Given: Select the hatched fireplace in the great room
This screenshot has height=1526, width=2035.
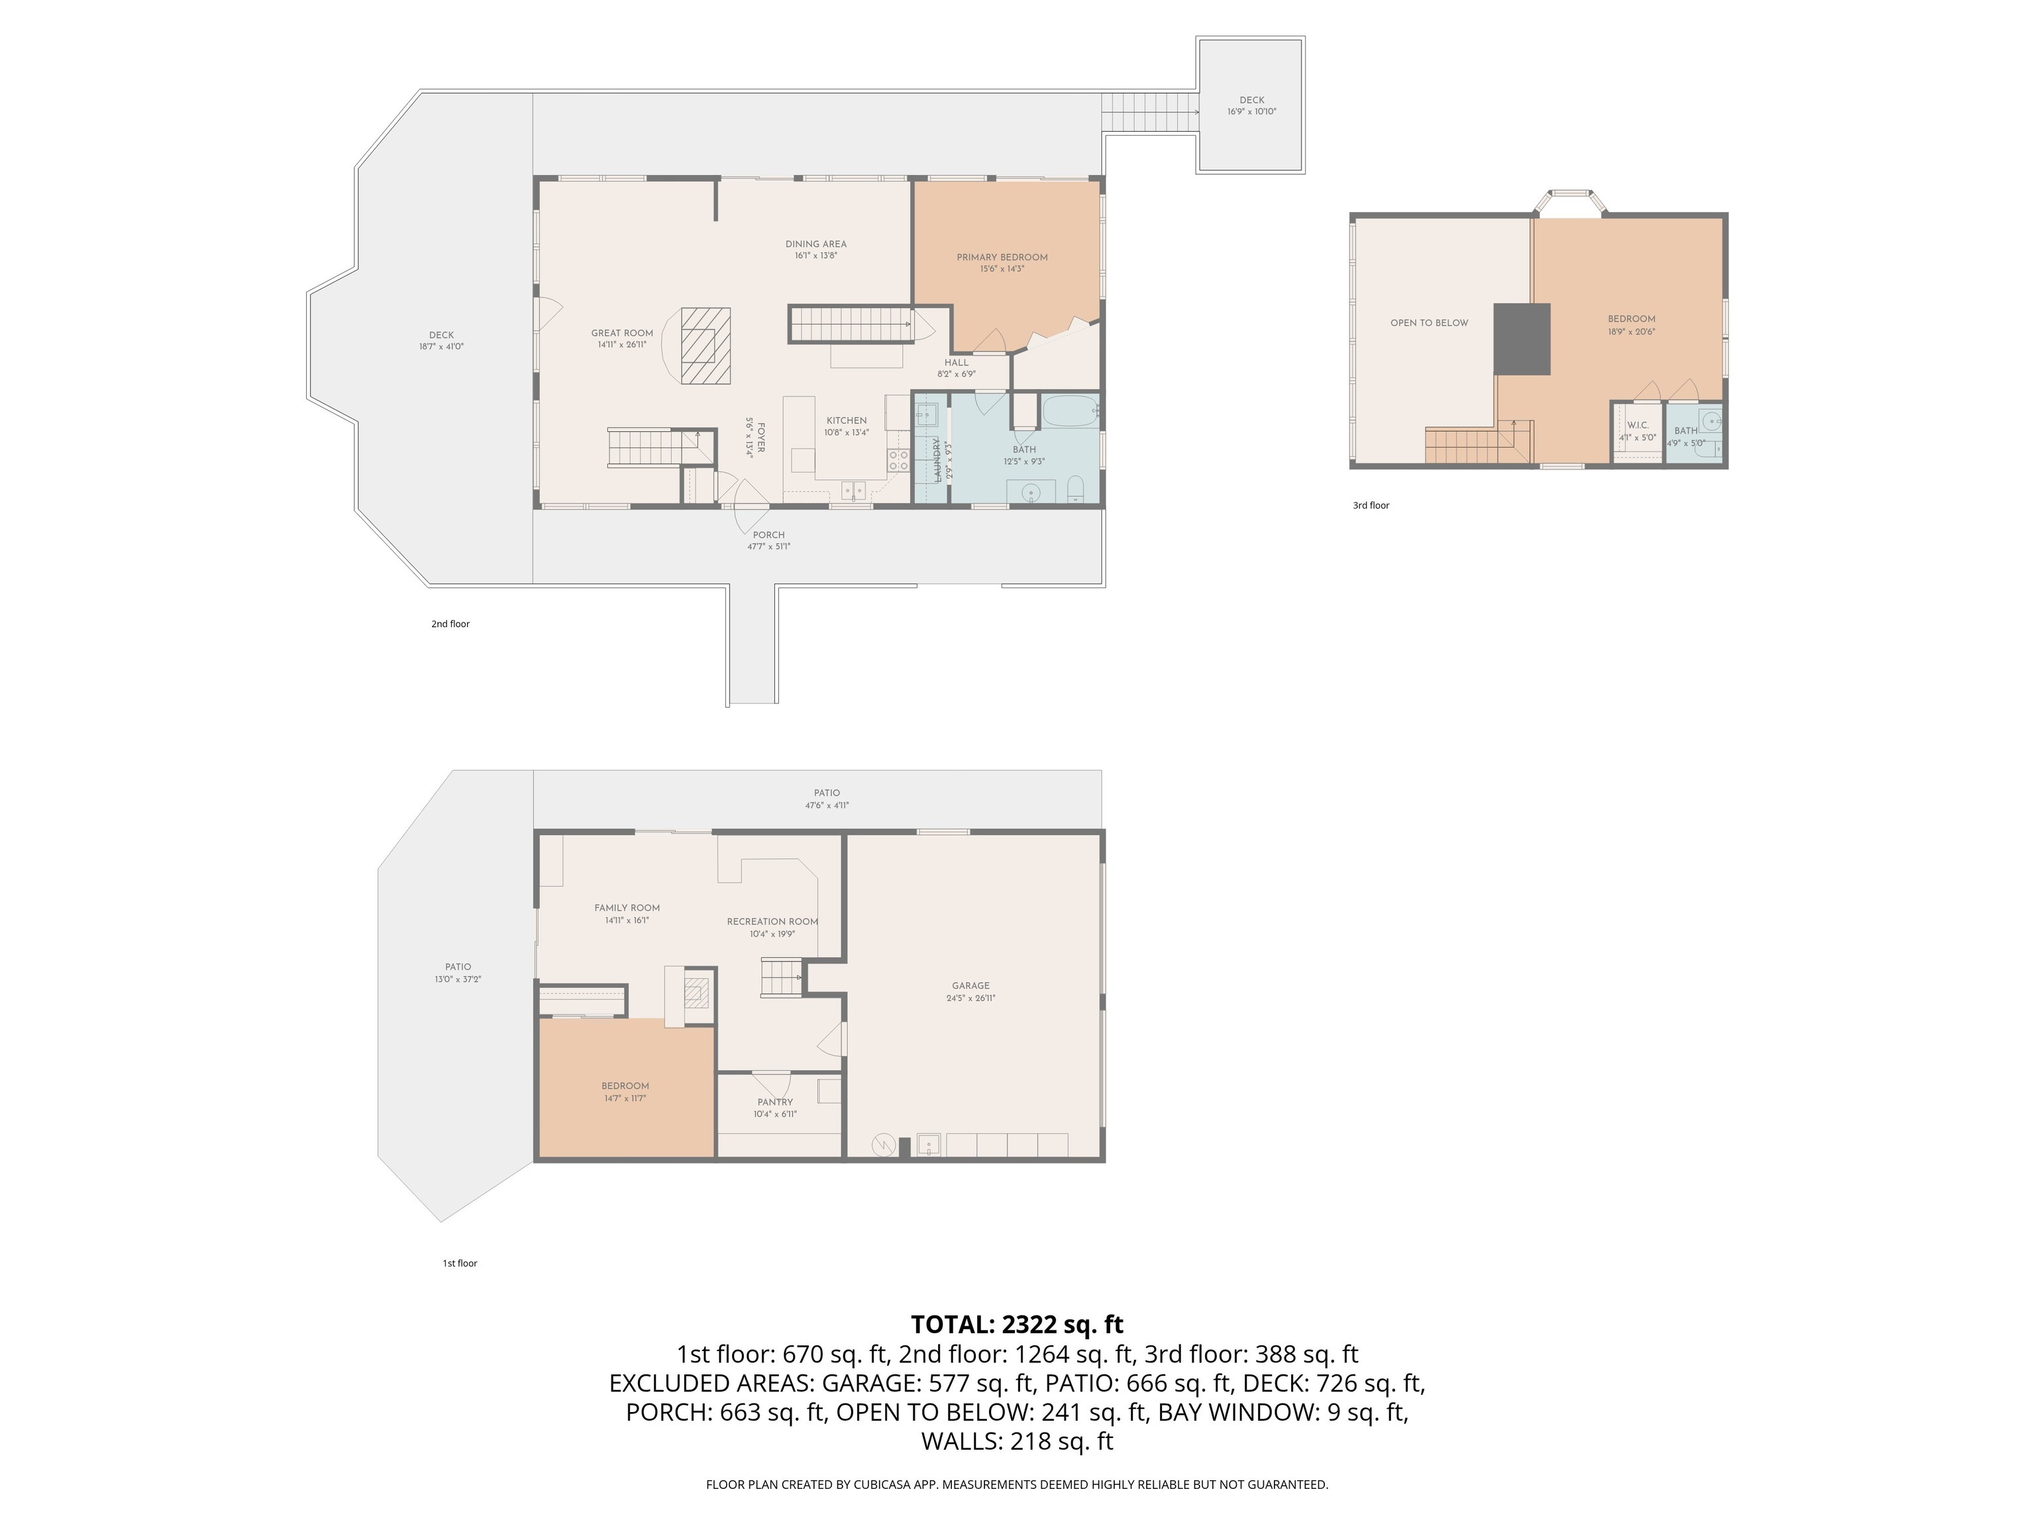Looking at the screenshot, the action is (x=705, y=345).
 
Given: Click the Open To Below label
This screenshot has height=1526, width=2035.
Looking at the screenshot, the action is (x=1430, y=323).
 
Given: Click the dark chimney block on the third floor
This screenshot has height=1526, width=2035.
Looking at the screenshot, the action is (x=1522, y=339).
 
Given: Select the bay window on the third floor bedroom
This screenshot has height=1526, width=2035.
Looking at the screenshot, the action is (x=1569, y=203).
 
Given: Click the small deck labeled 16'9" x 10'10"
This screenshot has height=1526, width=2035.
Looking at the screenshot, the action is (x=1251, y=105).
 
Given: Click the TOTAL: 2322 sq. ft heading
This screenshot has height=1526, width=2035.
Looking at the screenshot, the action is (x=1017, y=1325).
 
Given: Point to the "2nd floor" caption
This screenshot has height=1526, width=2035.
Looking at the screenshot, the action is (x=451, y=624).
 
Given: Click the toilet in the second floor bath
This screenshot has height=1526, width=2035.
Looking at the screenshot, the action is (x=1076, y=488).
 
